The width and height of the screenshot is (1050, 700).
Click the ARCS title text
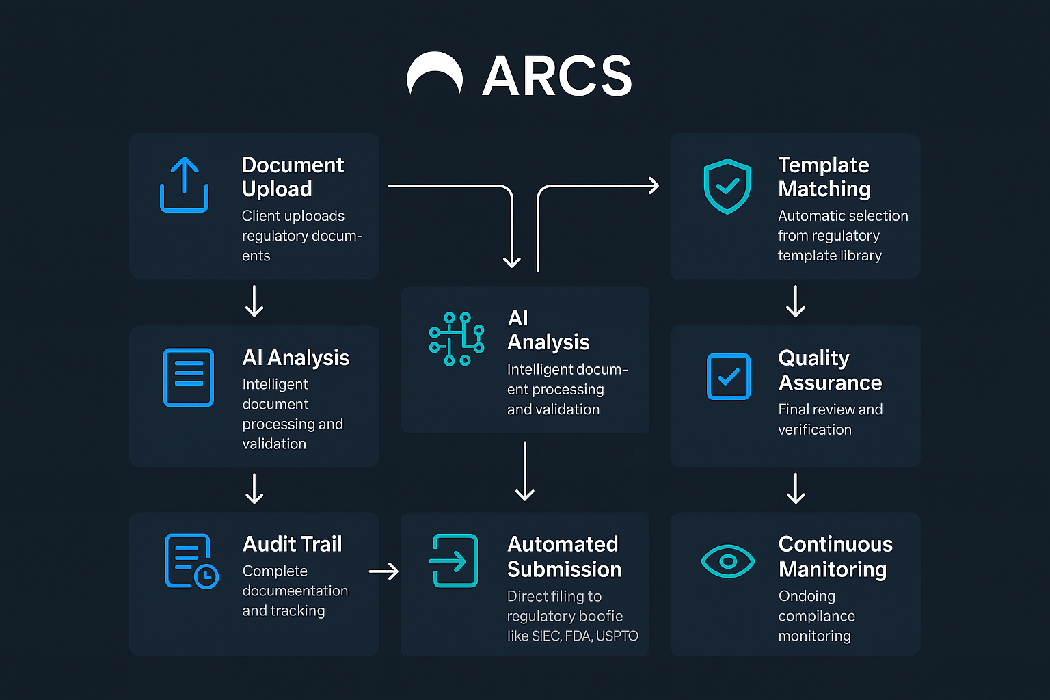(x=557, y=76)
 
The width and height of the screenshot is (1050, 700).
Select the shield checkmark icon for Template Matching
(x=727, y=186)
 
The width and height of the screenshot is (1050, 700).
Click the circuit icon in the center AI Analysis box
(x=457, y=339)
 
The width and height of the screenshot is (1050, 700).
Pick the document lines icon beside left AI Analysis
(x=189, y=377)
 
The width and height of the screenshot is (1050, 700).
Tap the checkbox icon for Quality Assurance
(x=728, y=377)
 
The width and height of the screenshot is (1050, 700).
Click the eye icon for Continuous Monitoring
(x=728, y=561)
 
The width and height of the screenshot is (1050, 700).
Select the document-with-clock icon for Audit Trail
(x=191, y=561)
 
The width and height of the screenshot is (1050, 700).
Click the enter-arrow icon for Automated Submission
(x=453, y=561)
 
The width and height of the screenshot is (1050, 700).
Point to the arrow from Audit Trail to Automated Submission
(x=384, y=571)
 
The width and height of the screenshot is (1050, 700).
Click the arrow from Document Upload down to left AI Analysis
(x=254, y=301)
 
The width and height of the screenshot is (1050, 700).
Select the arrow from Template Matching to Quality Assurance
(x=796, y=301)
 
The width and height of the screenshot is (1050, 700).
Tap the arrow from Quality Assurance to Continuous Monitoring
(x=796, y=488)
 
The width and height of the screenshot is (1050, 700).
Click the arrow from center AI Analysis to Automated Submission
(x=525, y=471)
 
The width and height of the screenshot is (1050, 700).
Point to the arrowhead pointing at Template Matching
(x=654, y=185)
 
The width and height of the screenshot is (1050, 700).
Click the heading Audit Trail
(x=293, y=544)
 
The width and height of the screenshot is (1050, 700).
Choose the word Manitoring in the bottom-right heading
(x=832, y=569)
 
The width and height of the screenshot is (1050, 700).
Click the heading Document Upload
(x=293, y=176)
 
